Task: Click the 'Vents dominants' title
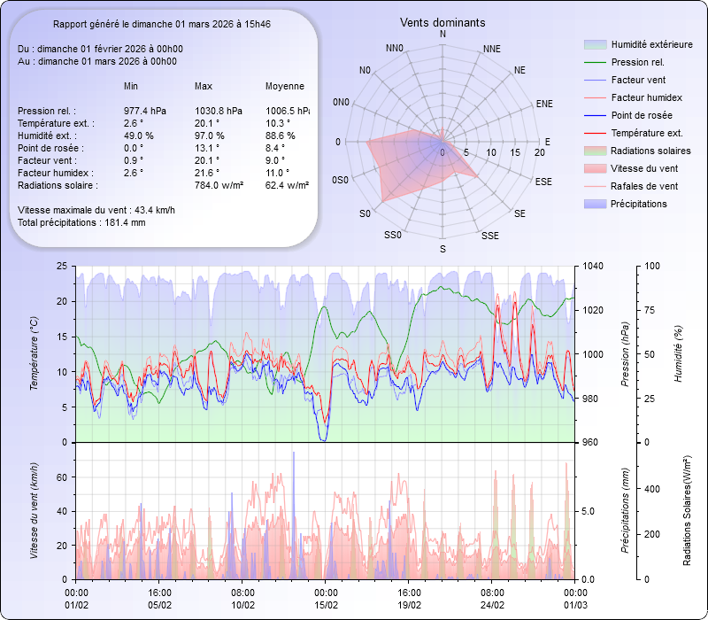point(442,22)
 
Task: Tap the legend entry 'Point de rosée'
point(642,115)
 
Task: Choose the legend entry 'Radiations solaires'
point(650,151)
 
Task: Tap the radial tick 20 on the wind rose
point(539,152)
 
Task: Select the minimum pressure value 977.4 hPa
point(144,111)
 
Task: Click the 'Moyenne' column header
point(285,86)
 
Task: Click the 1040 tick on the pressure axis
point(592,266)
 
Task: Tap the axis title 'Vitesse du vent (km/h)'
point(34,510)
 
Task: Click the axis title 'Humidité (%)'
point(678,354)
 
